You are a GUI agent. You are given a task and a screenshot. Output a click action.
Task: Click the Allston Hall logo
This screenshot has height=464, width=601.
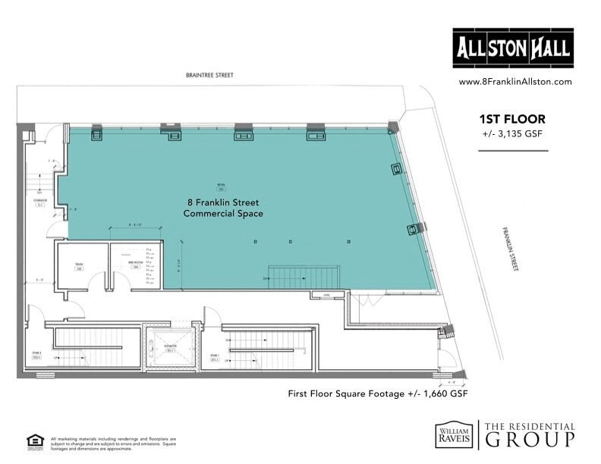pos(512,49)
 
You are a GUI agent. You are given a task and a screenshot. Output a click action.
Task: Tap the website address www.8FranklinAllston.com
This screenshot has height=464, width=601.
pos(514,82)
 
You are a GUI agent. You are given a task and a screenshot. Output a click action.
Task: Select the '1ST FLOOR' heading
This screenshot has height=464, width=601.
pos(512,119)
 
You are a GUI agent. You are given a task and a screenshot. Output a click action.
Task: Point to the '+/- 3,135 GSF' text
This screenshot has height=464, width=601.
pos(512,134)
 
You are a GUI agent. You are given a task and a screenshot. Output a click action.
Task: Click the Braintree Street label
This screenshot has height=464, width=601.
pos(209,76)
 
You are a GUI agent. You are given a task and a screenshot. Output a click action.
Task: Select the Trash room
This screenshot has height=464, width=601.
pos(78,265)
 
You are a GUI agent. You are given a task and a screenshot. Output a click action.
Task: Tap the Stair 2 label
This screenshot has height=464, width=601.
pos(36,355)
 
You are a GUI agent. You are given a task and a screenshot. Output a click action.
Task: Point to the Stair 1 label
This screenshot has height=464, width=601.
pos(215,357)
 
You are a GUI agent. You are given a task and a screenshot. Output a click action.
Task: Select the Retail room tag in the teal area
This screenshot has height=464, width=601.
pos(222,186)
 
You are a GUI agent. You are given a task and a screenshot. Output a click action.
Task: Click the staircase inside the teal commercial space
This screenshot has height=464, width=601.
pos(304,275)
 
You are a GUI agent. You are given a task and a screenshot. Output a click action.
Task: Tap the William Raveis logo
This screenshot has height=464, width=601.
pos(452,434)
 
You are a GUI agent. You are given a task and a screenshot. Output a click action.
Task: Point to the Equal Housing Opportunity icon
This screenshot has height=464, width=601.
pos(34,440)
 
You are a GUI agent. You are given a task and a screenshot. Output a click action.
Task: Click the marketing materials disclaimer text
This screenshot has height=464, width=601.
pos(114,443)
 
